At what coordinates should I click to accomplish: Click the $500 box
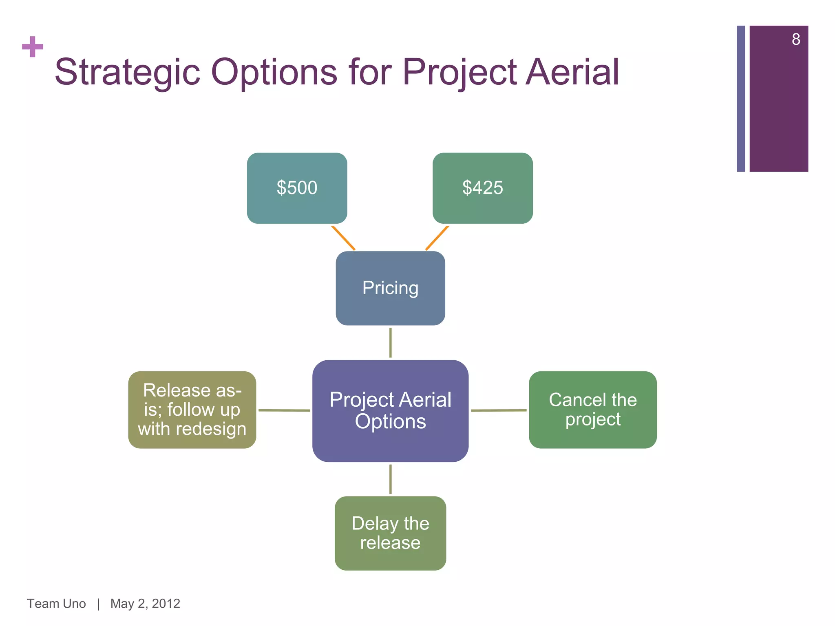pos(297,188)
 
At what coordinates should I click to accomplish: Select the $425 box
pos(482,188)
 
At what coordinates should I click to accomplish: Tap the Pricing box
pos(390,288)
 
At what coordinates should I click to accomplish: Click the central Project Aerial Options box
pos(390,410)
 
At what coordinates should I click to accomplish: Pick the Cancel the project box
pos(592,410)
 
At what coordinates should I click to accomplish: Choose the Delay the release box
pos(390,533)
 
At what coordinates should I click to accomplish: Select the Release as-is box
pos(192,410)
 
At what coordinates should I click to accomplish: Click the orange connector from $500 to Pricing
pos(343,238)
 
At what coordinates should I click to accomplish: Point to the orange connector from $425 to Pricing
pos(437,238)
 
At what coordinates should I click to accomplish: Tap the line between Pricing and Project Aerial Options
pos(391,342)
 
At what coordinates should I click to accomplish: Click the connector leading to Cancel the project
pos(499,410)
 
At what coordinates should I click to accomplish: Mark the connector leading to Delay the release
pos(391,479)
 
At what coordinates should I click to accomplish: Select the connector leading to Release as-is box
pos(284,410)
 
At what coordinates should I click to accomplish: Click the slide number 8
pos(796,40)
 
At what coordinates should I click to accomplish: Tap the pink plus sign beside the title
pos(33,47)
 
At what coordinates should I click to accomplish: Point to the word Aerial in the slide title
pos(572,73)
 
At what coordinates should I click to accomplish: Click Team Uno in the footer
pos(56,604)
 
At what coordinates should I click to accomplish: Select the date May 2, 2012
pos(145,604)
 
